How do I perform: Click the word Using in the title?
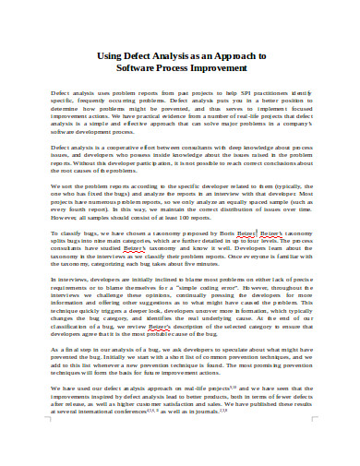click(110, 54)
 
